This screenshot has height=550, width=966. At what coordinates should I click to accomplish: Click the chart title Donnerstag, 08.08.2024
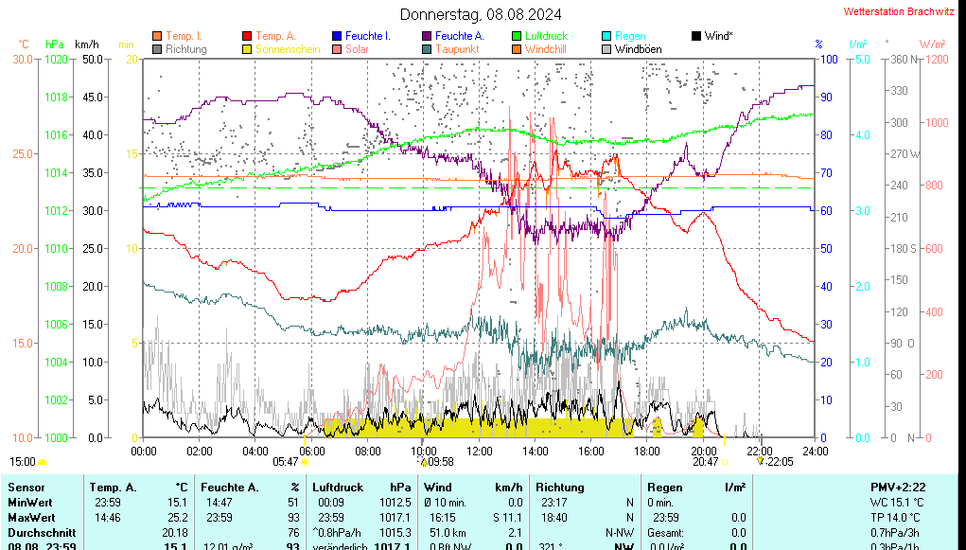(480, 14)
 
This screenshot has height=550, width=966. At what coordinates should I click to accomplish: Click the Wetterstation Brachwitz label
(899, 12)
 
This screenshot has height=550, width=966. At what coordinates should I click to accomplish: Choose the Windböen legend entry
(638, 49)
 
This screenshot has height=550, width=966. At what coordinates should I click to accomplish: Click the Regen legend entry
(630, 36)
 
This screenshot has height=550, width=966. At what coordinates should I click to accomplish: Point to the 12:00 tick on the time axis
(480, 451)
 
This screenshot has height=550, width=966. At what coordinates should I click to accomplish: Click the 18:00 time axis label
(647, 451)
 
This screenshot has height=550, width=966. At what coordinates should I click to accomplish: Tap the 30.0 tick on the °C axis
(22, 59)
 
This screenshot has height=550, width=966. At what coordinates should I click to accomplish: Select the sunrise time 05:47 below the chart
(285, 462)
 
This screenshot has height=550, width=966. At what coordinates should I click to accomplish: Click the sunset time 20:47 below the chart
(705, 462)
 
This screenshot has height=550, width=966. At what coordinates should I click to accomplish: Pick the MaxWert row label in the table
(30, 517)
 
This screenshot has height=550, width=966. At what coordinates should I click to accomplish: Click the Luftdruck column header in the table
(338, 487)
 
